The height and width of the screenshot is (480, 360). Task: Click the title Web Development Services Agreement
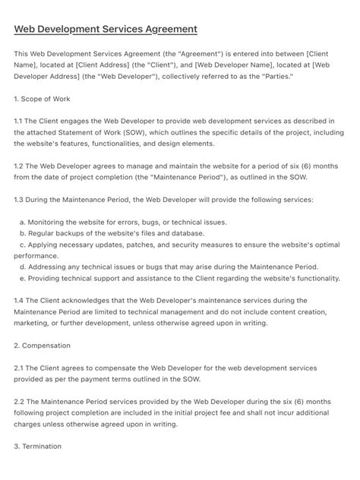click(106, 29)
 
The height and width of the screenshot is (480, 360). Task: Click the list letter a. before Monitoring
click(23, 222)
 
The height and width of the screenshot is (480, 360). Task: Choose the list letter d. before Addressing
click(23, 267)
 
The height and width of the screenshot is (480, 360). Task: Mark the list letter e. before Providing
click(23, 279)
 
